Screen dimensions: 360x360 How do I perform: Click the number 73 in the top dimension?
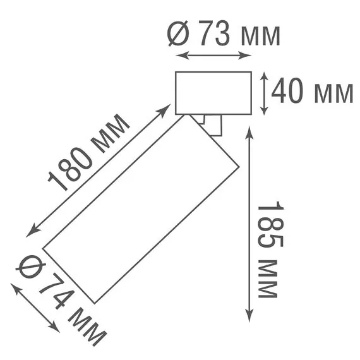tap(214, 35)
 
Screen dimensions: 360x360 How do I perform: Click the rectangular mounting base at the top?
tap(213, 93)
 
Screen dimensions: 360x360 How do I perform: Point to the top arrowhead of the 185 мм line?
tap(251, 130)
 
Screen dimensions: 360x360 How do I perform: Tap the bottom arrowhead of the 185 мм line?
tap(251, 320)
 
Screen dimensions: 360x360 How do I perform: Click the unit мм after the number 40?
tap(333, 93)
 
